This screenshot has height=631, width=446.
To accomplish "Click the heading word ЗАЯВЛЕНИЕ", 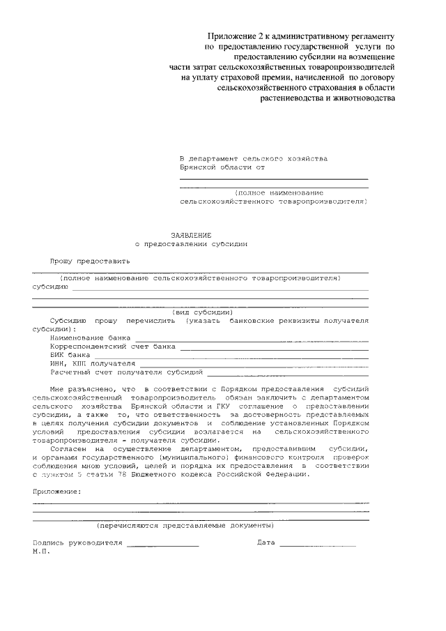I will point(192,235).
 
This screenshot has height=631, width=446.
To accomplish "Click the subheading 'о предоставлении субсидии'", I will point(192,245).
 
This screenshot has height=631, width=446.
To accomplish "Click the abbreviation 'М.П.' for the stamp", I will point(41,552).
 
